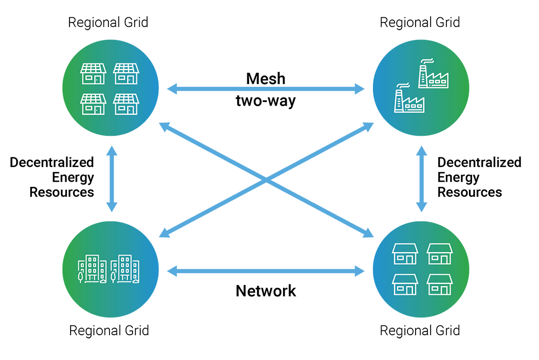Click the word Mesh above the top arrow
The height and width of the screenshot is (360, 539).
(266, 79)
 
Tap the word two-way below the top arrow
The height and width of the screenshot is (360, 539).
(266, 101)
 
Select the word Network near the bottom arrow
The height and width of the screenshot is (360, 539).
(266, 291)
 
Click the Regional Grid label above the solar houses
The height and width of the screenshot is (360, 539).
(108, 23)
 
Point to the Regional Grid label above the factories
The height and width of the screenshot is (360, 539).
(420, 23)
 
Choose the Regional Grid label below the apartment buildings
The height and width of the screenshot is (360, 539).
(109, 330)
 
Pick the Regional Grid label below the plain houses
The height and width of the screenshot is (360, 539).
(420, 330)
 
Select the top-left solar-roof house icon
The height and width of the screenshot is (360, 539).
(94, 74)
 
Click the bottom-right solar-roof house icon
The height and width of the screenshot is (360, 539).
(126, 104)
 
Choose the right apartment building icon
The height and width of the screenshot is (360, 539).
(126, 268)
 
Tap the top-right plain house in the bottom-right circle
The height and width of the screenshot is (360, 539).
(439, 253)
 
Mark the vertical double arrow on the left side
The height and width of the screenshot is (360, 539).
(112, 178)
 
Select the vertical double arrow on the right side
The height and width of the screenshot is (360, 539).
(421, 178)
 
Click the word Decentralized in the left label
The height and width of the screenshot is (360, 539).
(52, 162)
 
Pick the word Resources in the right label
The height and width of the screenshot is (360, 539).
(469, 192)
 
